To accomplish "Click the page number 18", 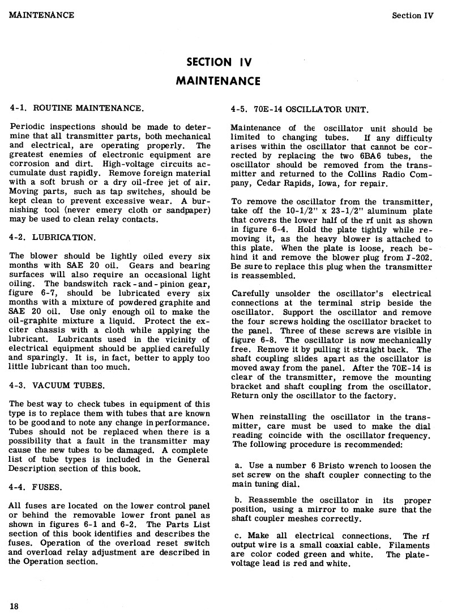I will tap(14, 605).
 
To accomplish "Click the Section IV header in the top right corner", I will tap(412, 15).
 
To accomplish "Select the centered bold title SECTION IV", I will tap(219, 62).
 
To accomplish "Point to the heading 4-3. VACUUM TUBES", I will tap(57, 386).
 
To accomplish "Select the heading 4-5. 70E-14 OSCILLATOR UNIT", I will tap(300, 109).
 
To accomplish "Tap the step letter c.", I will tap(236, 536).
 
